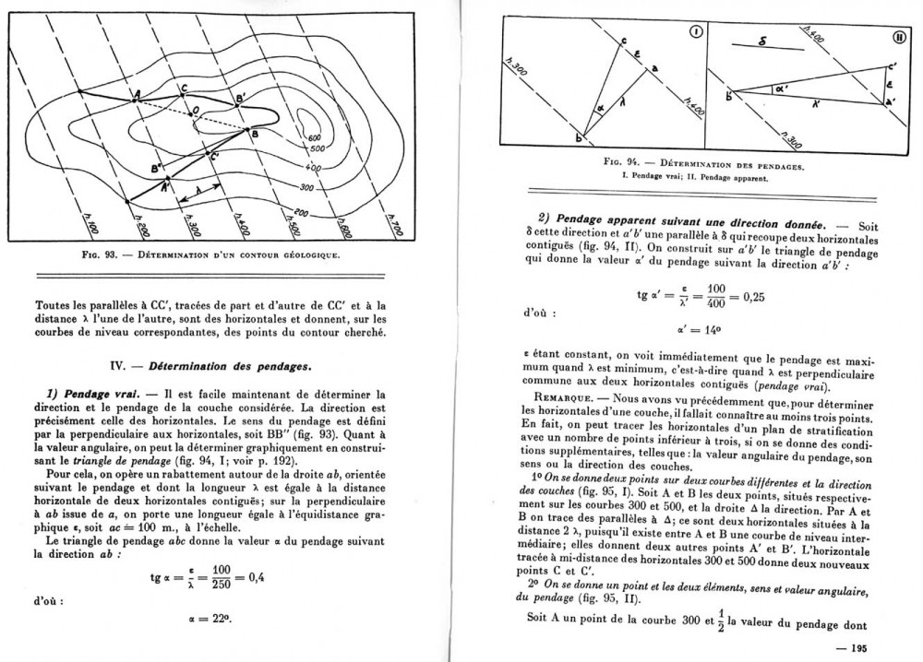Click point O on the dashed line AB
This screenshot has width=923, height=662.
pyautogui.click(x=193, y=112)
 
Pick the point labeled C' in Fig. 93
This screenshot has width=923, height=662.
pyautogui.click(x=213, y=157)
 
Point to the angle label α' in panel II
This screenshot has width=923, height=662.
pyautogui.click(x=785, y=89)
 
